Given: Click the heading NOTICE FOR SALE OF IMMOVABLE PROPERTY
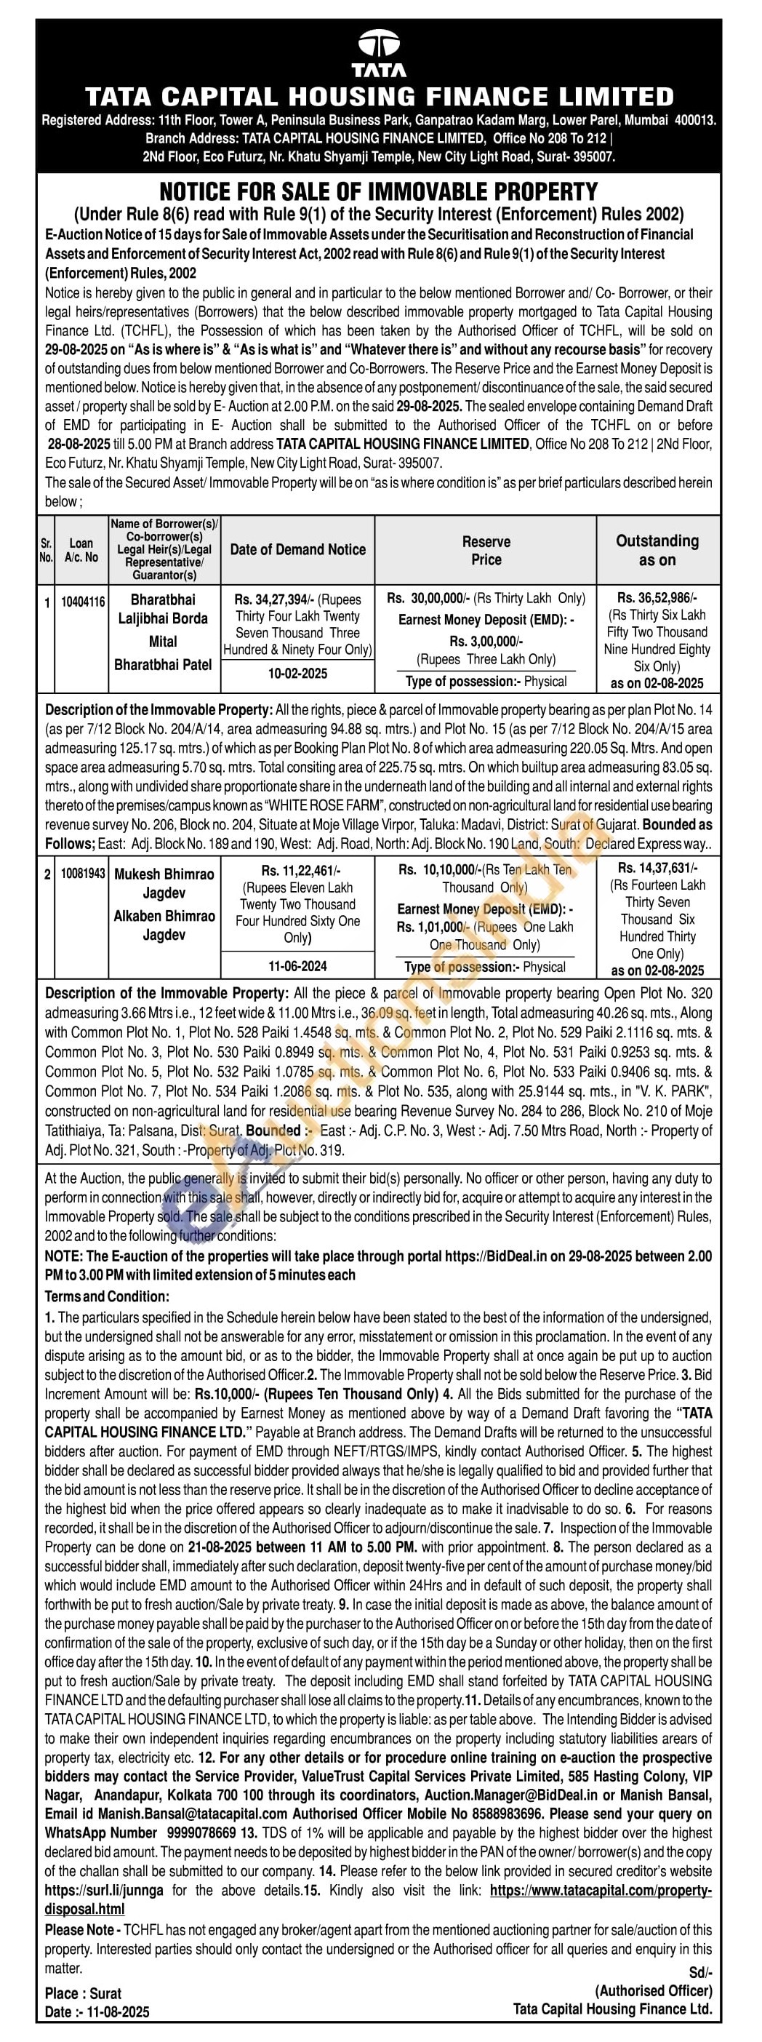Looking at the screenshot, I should pyautogui.click(x=379, y=192).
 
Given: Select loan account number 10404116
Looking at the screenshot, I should pyautogui.click(x=83, y=602).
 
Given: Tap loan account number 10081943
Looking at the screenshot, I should pyautogui.click(x=83, y=874).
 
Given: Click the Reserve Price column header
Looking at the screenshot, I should pyautogui.click(x=486, y=550).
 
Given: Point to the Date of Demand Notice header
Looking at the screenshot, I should pyautogui.click(x=298, y=549).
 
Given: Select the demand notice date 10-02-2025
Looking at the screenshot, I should pyautogui.click(x=297, y=673).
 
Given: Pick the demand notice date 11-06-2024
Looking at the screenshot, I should pyautogui.click(x=297, y=965).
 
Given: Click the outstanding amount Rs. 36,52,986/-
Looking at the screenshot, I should pyautogui.click(x=657, y=598).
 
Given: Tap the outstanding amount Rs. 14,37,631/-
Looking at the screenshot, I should pyautogui.click(x=657, y=868).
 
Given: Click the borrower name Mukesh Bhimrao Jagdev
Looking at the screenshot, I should pyautogui.click(x=164, y=883).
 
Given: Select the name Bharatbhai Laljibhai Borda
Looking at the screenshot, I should pyautogui.click(x=162, y=609).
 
